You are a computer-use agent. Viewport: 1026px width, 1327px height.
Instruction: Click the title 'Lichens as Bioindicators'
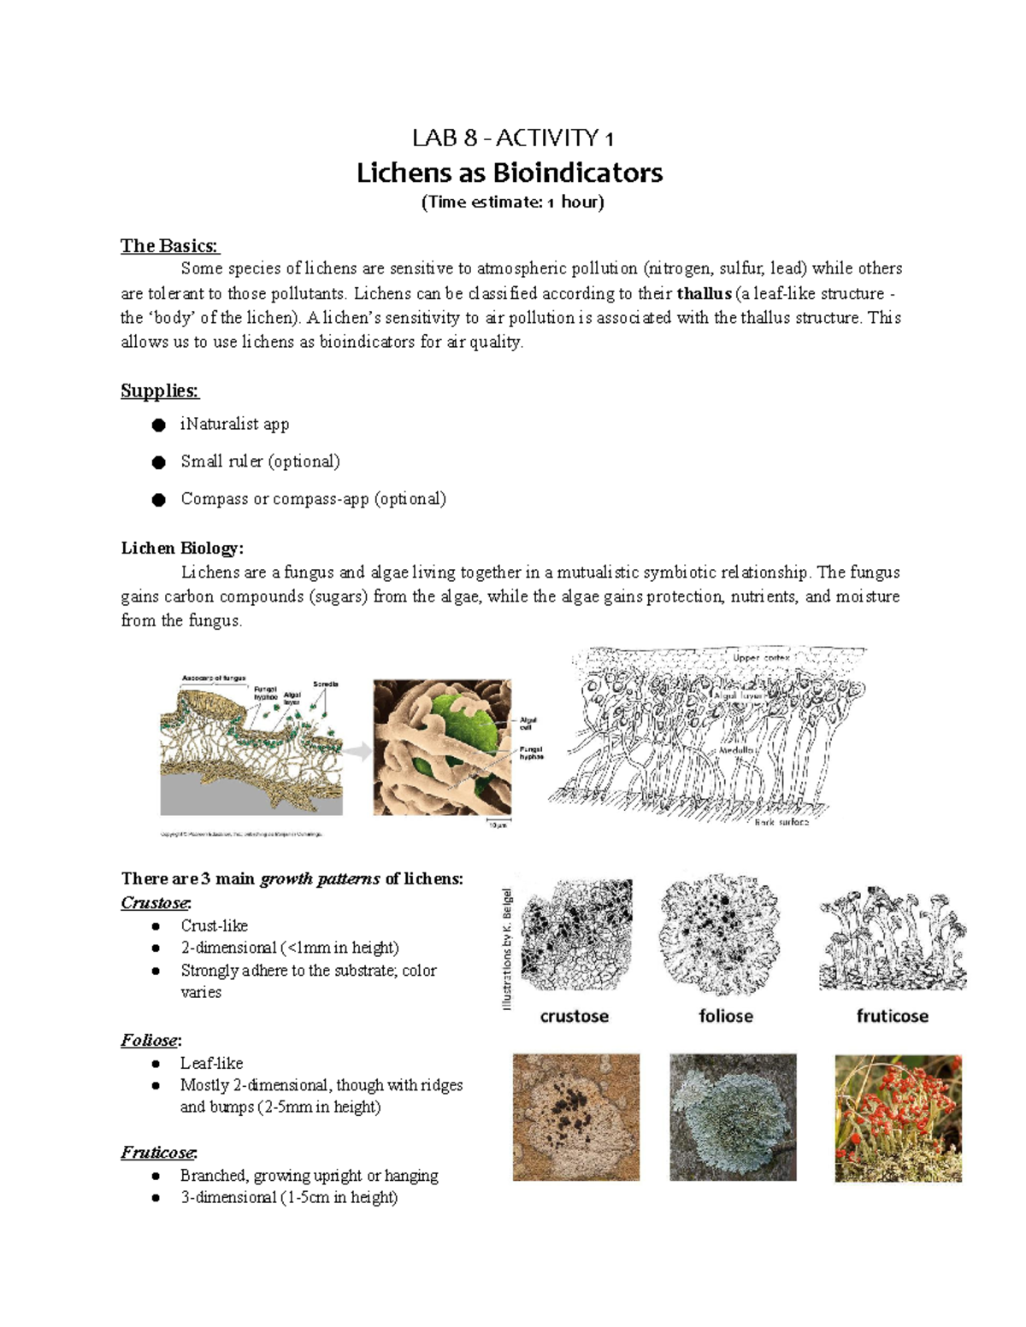pyautogui.click(x=510, y=173)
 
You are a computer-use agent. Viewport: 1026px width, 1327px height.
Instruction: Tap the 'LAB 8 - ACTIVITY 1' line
pyautogui.click(x=512, y=138)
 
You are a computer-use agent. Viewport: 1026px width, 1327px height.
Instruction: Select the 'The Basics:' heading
pyautogui.click(x=169, y=246)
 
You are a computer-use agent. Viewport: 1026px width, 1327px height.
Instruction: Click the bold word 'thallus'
pyautogui.click(x=704, y=294)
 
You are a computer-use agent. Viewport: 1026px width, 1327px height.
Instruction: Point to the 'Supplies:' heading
pyautogui.click(x=159, y=391)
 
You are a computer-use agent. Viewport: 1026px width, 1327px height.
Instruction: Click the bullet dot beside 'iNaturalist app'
pyautogui.click(x=158, y=426)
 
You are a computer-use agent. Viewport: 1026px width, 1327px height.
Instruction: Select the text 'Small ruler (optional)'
pyautogui.click(x=260, y=461)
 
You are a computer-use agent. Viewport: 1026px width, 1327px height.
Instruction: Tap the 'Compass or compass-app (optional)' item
pyautogui.click(x=313, y=499)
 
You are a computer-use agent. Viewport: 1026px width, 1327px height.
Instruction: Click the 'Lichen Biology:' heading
pyautogui.click(x=182, y=549)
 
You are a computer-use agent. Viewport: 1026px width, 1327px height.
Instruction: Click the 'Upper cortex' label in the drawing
pyautogui.click(x=760, y=658)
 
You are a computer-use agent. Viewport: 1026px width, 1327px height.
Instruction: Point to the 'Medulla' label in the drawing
pyautogui.click(x=735, y=750)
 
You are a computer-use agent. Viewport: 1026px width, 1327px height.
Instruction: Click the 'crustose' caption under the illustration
pyautogui.click(x=575, y=1016)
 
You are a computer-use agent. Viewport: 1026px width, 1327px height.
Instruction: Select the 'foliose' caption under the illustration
pyautogui.click(x=726, y=1016)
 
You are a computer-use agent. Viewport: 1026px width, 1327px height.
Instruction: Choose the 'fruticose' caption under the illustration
pyautogui.click(x=892, y=1016)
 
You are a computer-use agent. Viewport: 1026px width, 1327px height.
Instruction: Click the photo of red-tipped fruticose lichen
pyautogui.click(x=898, y=1118)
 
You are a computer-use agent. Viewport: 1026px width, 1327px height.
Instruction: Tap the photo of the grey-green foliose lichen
pyautogui.click(x=733, y=1118)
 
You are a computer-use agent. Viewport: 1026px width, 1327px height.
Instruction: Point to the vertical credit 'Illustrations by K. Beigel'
pyautogui.click(x=507, y=949)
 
